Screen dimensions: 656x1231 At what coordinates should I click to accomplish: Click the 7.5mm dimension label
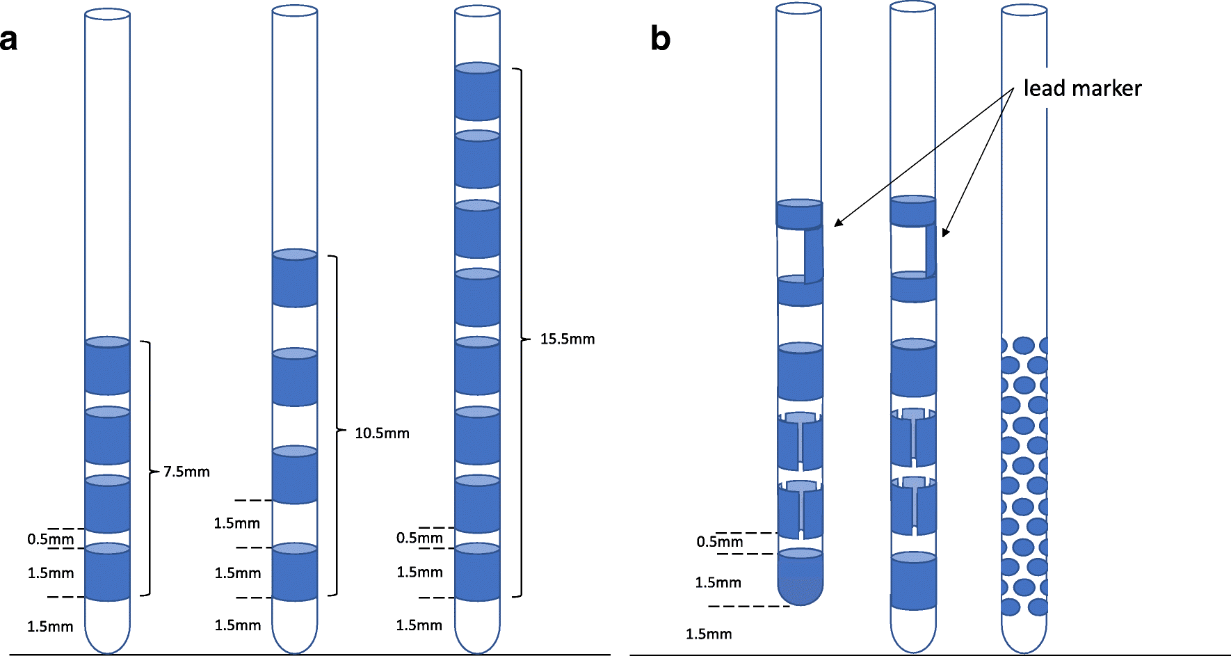point(186,472)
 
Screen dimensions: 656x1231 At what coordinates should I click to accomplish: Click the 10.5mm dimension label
point(382,433)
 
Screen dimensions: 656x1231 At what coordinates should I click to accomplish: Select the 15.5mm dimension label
point(568,339)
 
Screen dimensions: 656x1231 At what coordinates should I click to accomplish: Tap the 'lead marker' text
point(1082,88)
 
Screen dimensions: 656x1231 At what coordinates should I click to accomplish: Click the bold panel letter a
point(9,40)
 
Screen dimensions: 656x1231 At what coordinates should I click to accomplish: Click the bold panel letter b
point(660,38)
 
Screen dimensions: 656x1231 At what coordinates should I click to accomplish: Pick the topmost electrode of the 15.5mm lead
point(477,92)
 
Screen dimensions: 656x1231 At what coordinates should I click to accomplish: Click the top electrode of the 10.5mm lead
point(295,278)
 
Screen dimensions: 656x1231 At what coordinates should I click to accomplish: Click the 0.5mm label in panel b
point(719,542)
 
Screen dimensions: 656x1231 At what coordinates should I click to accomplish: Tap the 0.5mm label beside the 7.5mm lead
point(50,539)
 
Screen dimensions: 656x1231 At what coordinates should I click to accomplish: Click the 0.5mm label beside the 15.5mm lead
point(419,538)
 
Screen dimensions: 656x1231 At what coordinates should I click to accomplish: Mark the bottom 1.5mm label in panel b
point(709,634)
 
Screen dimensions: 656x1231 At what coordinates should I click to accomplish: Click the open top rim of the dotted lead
point(1024,10)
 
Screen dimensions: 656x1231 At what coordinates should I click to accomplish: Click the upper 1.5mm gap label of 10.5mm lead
point(236,523)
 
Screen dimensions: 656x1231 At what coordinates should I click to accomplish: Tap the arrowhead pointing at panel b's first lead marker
point(837,223)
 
